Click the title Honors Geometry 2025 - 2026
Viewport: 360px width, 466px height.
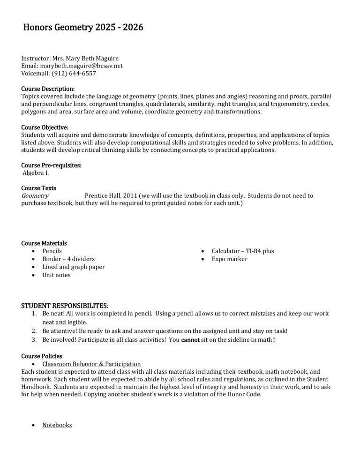pyautogui.click(x=82, y=28)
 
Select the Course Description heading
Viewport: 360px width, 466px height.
pyautogui.click(x=48, y=89)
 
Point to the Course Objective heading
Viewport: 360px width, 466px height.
pyautogui.click(x=45, y=127)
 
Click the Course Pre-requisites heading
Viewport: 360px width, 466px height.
pyautogui.click(x=51, y=165)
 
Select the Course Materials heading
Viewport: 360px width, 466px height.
pyautogui.click(x=44, y=243)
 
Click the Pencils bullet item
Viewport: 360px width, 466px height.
pyautogui.click(x=52, y=251)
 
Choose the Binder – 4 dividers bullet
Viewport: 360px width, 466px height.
pyautogui.click(x=68, y=259)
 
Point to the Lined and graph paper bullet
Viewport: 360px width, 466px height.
pyautogui.click(x=74, y=267)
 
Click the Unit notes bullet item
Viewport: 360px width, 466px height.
pyautogui.click(x=56, y=275)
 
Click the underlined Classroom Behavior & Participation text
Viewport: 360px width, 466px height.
pyautogui.click(x=91, y=364)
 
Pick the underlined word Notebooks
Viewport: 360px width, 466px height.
pyautogui.click(x=57, y=425)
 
